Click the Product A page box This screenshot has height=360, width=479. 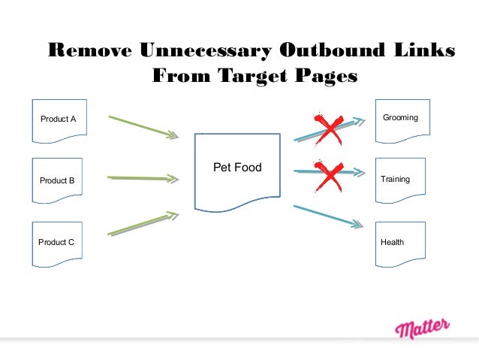coord(57,119)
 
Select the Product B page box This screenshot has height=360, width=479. coord(57,181)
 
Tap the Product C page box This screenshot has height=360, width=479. coord(57,243)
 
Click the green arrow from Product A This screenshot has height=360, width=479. coord(143,126)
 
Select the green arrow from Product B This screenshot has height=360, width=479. coord(143,178)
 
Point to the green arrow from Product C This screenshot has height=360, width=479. coord(143,225)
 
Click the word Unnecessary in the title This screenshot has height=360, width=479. coord(204,50)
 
